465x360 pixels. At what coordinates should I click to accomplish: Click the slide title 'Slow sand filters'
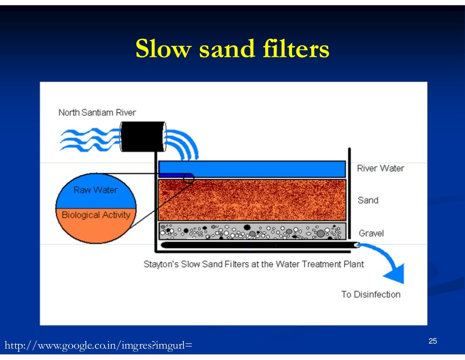tap(232, 49)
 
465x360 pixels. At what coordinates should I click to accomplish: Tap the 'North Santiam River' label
tap(97, 112)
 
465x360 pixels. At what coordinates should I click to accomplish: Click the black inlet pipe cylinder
tap(143, 136)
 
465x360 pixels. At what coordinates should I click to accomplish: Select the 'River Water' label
tap(380, 168)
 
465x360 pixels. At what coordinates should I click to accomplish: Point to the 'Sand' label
tap(368, 200)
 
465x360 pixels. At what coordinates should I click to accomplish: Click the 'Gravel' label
tap(371, 233)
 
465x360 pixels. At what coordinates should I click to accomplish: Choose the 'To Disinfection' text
tap(371, 294)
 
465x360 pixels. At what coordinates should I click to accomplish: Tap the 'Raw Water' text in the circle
tap(95, 190)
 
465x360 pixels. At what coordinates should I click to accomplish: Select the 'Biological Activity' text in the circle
tap(96, 215)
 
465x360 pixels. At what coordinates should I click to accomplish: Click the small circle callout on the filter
tap(188, 178)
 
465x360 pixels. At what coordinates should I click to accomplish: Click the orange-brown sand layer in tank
tap(252, 200)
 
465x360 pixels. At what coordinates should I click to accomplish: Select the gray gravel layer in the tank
tap(252, 231)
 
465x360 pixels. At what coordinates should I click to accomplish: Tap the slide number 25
tap(432, 341)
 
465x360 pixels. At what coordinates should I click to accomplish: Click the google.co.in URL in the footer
tap(98, 346)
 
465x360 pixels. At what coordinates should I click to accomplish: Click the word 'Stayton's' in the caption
tap(161, 264)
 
